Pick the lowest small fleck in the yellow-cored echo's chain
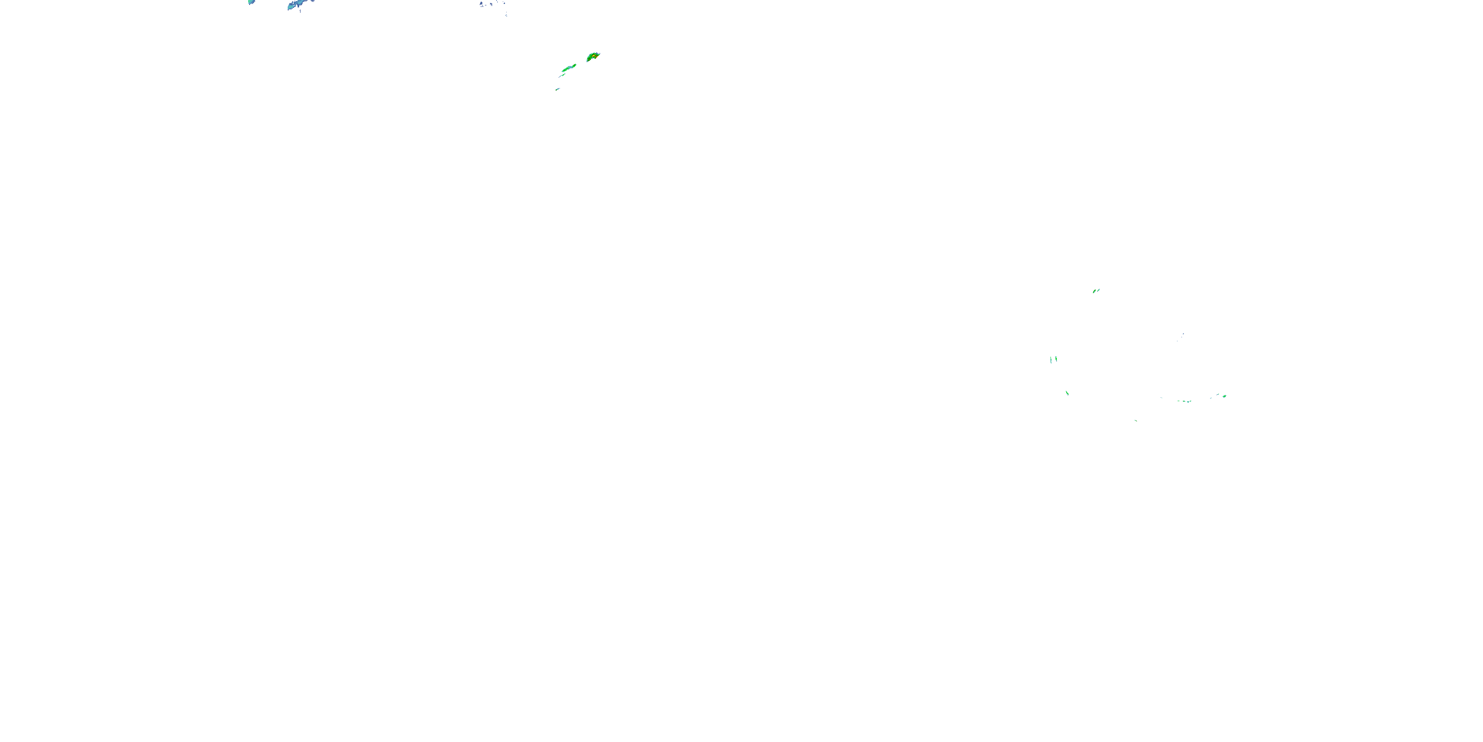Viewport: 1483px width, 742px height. [x=557, y=90]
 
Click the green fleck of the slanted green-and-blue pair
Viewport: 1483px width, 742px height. [x=1094, y=291]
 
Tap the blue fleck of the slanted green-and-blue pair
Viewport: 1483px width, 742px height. [x=1099, y=290]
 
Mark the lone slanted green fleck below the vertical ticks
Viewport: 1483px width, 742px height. [x=1067, y=393]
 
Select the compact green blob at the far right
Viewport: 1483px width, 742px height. [x=1224, y=396]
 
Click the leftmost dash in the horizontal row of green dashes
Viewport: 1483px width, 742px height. [x=1178, y=401]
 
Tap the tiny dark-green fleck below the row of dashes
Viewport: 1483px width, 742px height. [x=1136, y=420]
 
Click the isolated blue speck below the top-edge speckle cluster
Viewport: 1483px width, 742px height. [x=506, y=15]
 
